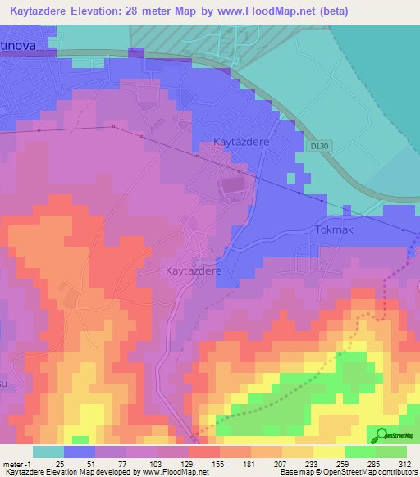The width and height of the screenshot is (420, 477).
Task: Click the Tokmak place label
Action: point(334,229)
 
